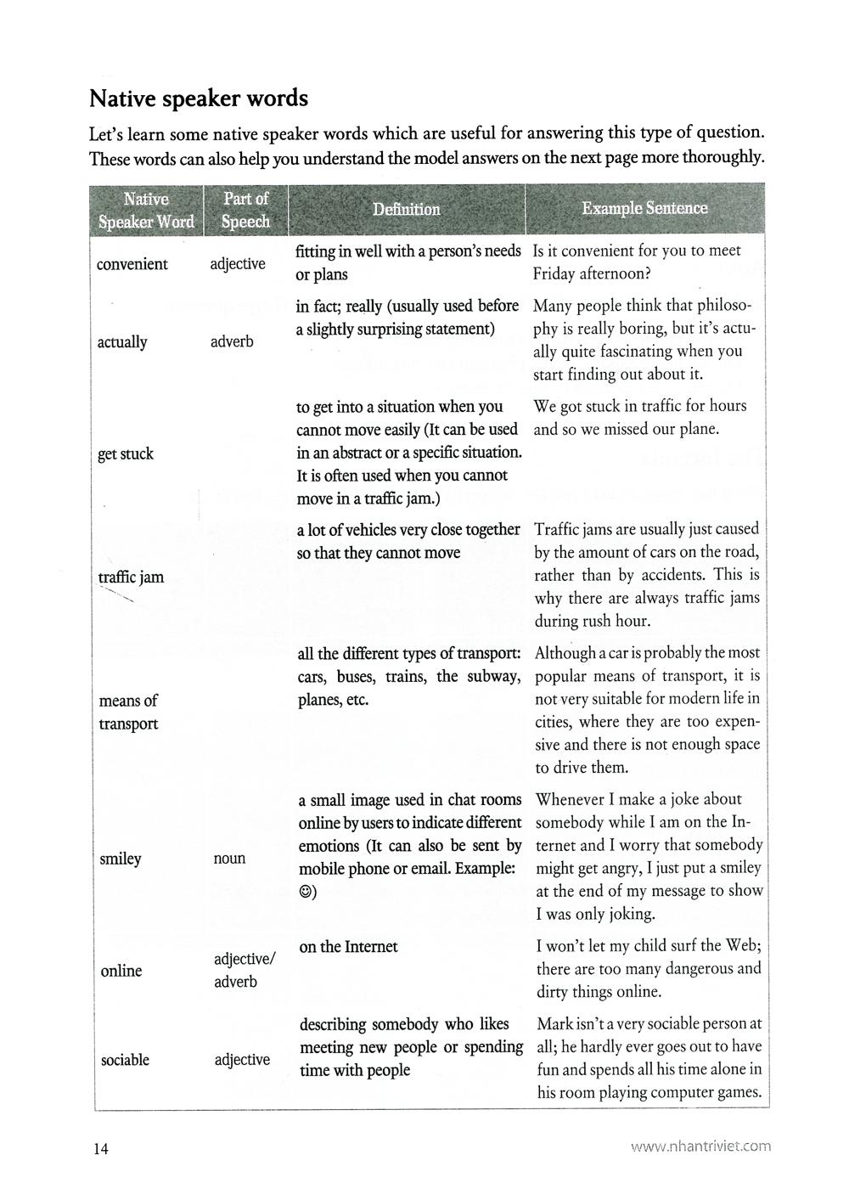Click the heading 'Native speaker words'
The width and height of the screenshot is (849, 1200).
199,99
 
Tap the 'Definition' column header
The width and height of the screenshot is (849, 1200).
406,209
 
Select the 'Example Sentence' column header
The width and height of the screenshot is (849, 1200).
644,208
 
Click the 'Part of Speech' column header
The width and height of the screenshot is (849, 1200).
245,210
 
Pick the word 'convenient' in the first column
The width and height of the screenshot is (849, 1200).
132,264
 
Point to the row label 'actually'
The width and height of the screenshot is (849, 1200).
122,342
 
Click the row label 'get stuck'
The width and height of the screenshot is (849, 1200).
126,454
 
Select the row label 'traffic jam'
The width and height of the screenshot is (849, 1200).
131,577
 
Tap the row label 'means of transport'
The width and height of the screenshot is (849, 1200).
128,712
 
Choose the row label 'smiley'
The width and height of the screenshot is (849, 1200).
121,859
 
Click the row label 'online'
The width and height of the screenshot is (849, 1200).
121,971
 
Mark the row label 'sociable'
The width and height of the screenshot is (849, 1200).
125,1060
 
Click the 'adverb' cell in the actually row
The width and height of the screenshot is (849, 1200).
232,342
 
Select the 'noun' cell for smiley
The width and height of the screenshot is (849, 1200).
229,859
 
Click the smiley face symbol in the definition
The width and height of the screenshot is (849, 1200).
305,893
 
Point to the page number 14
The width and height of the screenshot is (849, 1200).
101,1149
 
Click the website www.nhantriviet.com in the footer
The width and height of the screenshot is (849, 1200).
700,1146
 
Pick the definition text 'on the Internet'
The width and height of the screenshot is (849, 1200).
348,947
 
